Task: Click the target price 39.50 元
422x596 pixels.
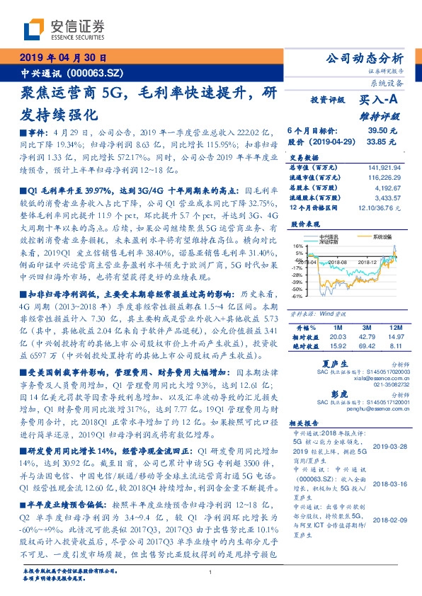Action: [x=382, y=131]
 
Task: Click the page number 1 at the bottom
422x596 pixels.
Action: [x=211, y=572]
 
